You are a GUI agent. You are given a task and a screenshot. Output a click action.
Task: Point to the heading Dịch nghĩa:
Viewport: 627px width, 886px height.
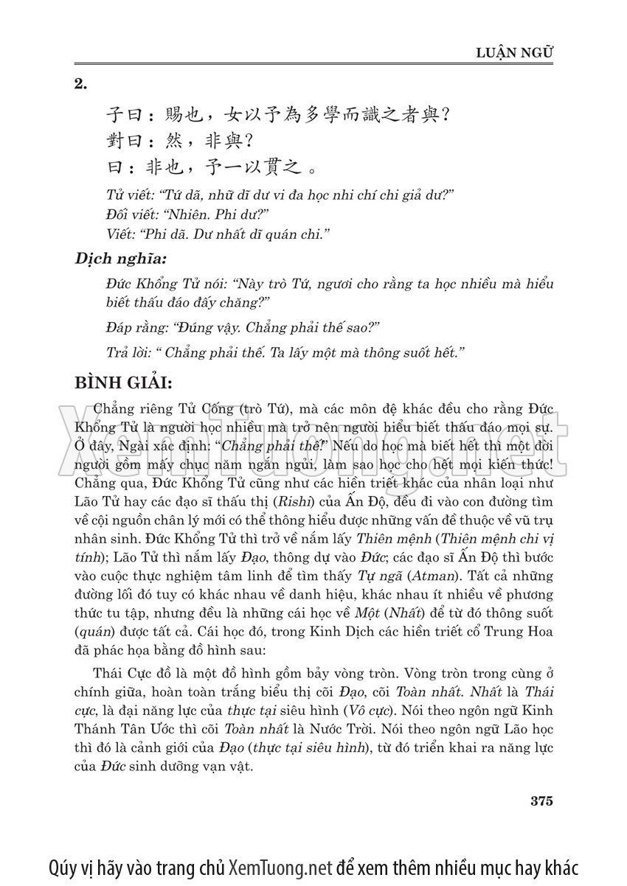pos(121,259)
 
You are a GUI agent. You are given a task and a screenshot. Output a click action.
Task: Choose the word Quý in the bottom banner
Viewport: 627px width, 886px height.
pos(64,866)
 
